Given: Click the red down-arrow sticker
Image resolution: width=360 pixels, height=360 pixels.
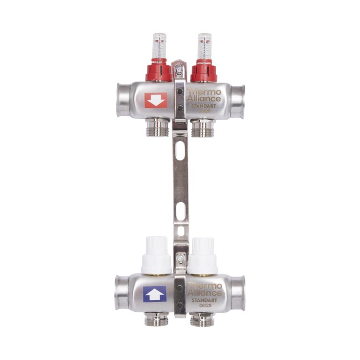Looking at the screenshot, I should point(156,100).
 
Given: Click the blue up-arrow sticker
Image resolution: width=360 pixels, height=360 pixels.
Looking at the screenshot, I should point(155,294).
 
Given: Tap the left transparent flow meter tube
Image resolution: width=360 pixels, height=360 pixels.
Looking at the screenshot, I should point(160,46).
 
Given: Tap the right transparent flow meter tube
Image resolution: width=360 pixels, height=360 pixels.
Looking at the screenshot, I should point(204,46).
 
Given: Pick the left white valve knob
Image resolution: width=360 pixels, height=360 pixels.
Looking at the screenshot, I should point(157,255).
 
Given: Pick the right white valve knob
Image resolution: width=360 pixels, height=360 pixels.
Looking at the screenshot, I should point(203,256).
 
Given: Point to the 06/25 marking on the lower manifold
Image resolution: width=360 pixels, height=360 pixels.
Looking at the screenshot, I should point(204,306).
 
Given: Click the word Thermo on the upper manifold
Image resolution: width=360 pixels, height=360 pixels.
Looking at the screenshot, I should point(204,92).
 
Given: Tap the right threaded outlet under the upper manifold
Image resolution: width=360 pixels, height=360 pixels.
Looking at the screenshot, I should point(203,128).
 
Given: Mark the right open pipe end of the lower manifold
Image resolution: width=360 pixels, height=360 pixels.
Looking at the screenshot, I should point(239,291).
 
